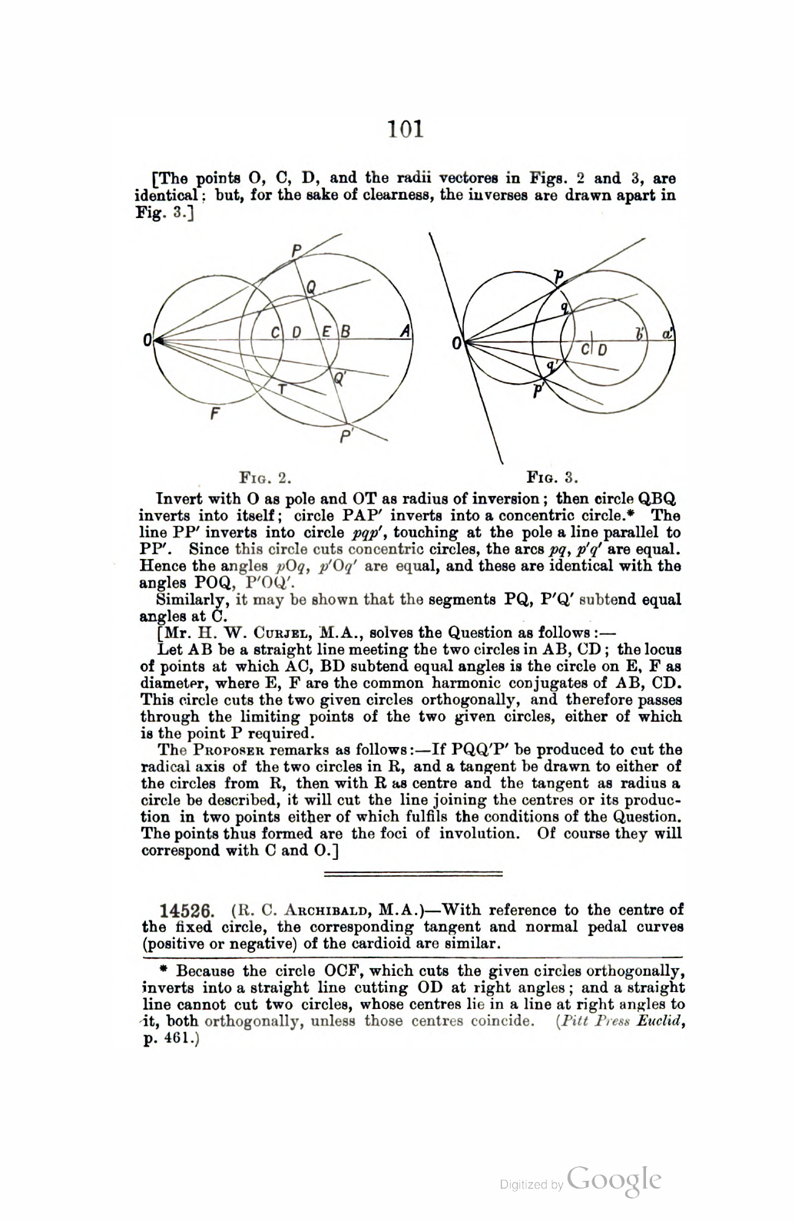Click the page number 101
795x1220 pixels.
pyautogui.click(x=406, y=127)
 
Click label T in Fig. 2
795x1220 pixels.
pyautogui.click(x=282, y=389)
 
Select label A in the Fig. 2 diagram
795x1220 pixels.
pyautogui.click(x=405, y=331)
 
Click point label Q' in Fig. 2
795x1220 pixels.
pyautogui.click(x=339, y=378)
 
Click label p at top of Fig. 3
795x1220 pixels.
pyautogui.click(x=558, y=275)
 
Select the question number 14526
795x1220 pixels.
pyautogui.click(x=185, y=911)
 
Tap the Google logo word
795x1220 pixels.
pyautogui.click(x=614, y=1180)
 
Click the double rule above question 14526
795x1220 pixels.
pyautogui.click(x=413, y=874)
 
